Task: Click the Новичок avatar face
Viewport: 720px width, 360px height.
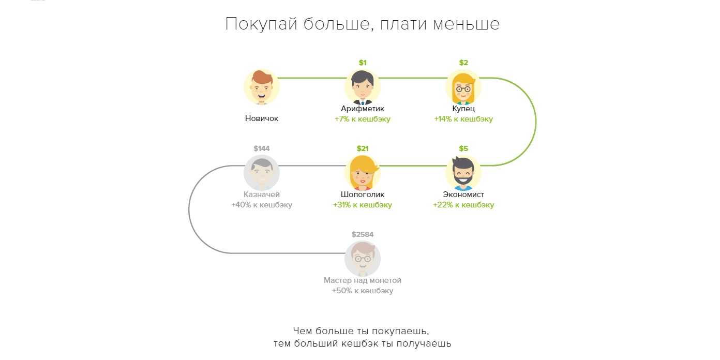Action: [x=262, y=87]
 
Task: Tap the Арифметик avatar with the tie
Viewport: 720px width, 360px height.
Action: [x=363, y=87]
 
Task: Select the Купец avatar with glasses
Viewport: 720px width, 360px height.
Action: [x=463, y=87]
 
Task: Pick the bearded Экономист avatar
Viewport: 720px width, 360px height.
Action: [x=463, y=173]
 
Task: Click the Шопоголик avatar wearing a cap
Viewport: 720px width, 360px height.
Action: [x=363, y=173]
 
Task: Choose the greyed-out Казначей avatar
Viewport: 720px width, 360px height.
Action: [x=262, y=173]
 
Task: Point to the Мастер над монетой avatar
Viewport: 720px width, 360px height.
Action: [x=363, y=259]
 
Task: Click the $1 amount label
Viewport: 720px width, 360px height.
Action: [x=363, y=63]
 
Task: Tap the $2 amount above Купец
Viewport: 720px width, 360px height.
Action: [x=463, y=63]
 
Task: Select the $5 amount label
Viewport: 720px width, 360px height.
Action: [x=463, y=149]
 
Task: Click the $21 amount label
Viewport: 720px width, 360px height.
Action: [x=363, y=149]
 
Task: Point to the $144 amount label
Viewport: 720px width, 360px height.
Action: [x=262, y=149]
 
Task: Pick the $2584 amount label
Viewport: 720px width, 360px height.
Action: [x=363, y=235]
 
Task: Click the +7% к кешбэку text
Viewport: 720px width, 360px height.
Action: [x=363, y=119]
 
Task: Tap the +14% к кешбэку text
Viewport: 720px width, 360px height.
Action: [x=463, y=119]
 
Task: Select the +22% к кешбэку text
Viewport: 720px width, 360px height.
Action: [x=463, y=205]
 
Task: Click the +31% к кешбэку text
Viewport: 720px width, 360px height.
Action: [x=363, y=205]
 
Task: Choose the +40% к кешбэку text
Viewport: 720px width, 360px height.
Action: [x=262, y=205]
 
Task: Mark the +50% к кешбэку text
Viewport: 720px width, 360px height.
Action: [x=363, y=291]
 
